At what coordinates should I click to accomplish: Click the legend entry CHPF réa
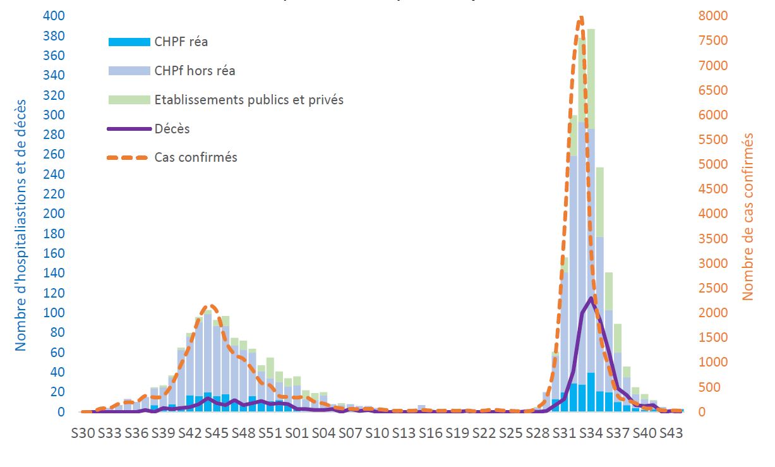[x=181, y=42]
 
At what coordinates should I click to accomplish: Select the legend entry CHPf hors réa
[x=195, y=71]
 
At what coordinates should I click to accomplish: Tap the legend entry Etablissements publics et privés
[x=249, y=100]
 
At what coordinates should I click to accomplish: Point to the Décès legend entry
[x=172, y=129]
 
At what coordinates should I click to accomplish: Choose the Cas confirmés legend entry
[x=196, y=157]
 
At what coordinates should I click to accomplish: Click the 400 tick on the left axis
[x=54, y=16]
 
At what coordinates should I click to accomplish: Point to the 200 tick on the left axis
[x=54, y=214]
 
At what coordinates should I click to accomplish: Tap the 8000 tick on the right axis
[x=712, y=16]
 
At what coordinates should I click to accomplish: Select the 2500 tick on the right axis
[x=712, y=288]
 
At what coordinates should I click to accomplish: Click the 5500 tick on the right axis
[x=712, y=140]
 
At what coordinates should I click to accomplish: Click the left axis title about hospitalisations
[x=20, y=224]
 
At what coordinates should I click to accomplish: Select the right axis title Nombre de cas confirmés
[x=749, y=216]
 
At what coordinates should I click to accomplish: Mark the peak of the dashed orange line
[x=581, y=18]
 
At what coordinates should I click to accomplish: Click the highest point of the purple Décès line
[x=591, y=298]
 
